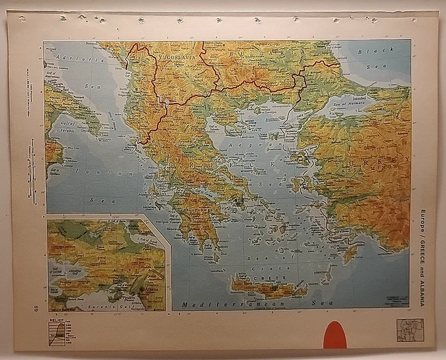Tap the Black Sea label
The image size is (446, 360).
click(377, 55)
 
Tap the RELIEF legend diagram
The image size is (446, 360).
click(60, 330)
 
